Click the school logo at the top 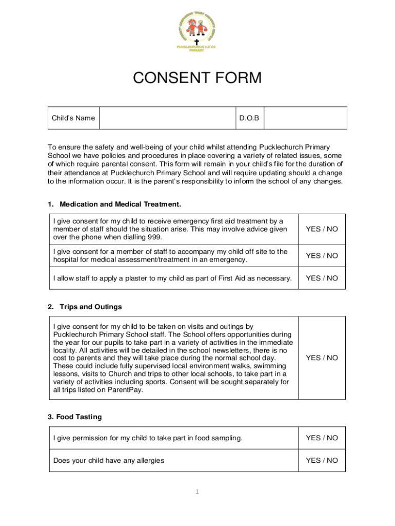coord(197,30)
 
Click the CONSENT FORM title coord(197,78)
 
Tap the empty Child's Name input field coord(167,118)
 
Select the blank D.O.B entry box coord(305,118)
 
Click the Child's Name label coord(73,118)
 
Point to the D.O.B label coord(249,118)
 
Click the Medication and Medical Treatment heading coord(120,204)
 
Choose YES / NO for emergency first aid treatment coord(322,229)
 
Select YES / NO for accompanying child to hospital coord(322,256)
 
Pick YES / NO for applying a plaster coord(322,278)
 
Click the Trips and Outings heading coord(90,307)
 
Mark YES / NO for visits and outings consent coord(322,358)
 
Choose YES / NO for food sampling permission coord(322,438)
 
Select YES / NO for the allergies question coord(322,461)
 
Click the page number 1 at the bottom coord(196,492)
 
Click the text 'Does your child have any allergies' coord(109,461)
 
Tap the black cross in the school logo coord(196,42)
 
